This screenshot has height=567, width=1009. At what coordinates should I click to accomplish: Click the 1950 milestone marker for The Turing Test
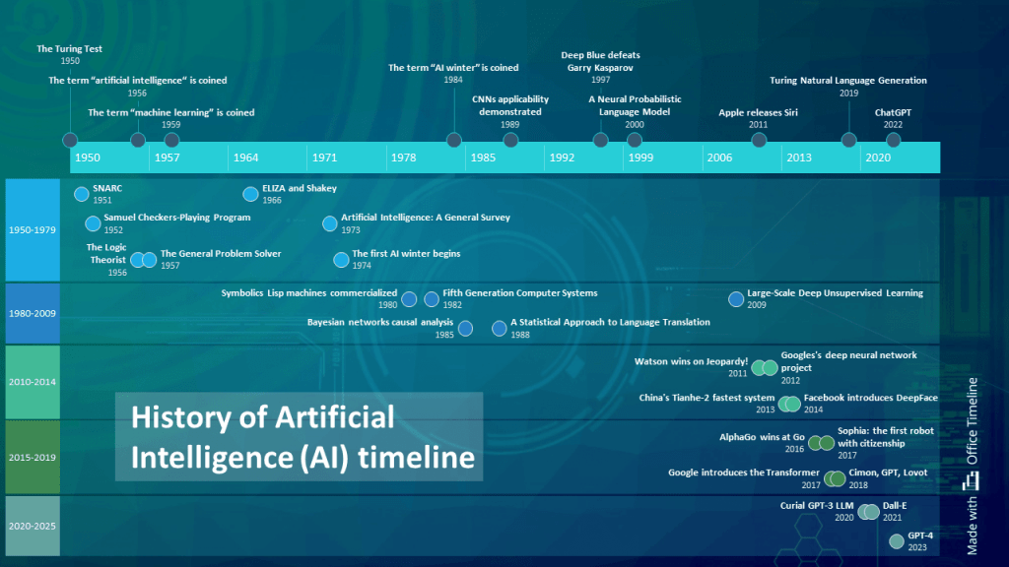69,140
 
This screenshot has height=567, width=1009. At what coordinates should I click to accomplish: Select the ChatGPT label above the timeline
893,112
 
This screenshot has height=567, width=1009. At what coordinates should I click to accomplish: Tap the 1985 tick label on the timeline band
483,157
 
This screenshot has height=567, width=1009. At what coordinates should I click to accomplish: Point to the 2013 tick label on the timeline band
799,157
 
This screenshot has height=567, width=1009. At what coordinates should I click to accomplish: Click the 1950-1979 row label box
33,230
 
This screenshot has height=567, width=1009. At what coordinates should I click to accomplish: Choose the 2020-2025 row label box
33,526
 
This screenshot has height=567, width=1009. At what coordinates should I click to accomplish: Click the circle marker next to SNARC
81,194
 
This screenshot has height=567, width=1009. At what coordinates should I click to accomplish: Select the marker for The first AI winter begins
341,260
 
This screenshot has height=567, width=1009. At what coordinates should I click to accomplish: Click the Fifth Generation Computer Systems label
520,293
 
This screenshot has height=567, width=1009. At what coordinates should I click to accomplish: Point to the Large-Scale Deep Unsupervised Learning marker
735,299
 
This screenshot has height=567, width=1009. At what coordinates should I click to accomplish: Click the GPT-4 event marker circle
896,540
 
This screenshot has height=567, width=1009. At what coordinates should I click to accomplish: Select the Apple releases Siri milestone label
758,113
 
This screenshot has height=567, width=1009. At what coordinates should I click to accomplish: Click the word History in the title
180,417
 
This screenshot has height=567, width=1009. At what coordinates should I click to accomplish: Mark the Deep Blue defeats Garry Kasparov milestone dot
601,140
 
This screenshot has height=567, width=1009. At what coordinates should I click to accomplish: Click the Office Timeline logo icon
972,480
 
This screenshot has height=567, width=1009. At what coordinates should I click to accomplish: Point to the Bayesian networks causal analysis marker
465,329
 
